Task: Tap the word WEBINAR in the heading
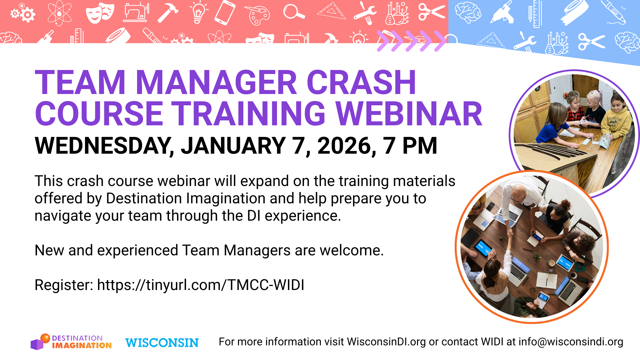coord(409,114)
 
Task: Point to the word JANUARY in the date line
coord(233,146)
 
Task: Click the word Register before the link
coord(64,285)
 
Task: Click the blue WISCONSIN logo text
coord(162,343)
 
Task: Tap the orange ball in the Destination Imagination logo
coord(45,338)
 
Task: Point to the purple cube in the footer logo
coord(37,345)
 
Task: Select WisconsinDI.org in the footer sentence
coord(386,342)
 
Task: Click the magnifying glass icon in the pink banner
coord(293,13)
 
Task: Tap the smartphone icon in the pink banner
coord(225,13)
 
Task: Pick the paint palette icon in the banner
coord(257,15)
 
